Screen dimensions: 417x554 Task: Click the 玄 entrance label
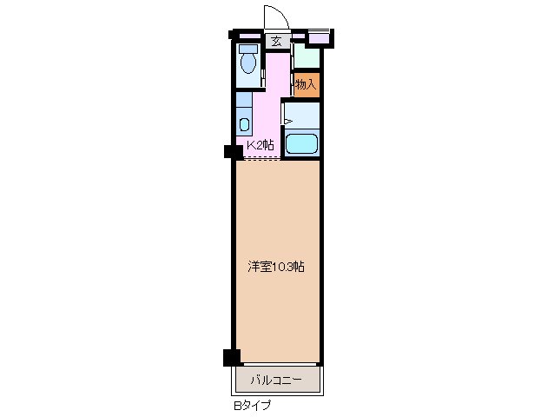pyautogui.click(x=276, y=40)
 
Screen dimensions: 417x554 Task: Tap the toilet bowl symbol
pyautogui.click(x=249, y=62)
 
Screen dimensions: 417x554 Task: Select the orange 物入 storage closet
pyautogui.click(x=305, y=85)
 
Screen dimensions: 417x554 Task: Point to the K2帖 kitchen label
pyautogui.click(x=261, y=145)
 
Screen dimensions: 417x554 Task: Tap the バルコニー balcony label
pyautogui.click(x=276, y=381)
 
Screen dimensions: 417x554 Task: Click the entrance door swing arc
pyautogui.click(x=274, y=17)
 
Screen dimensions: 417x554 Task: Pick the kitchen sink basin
pyautogui.click(x=245, y=122)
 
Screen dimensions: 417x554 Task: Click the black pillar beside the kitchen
pyautogui.click(x=232, y=152)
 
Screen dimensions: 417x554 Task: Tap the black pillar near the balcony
pyautogui.click(x=231, y=356)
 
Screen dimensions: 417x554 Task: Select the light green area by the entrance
pyautogui.click(x=307, y=56)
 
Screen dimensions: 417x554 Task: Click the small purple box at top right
pyautogui.click(x=319, y=37)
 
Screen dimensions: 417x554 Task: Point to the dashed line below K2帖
pyautogui.click(x=262, y=157)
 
